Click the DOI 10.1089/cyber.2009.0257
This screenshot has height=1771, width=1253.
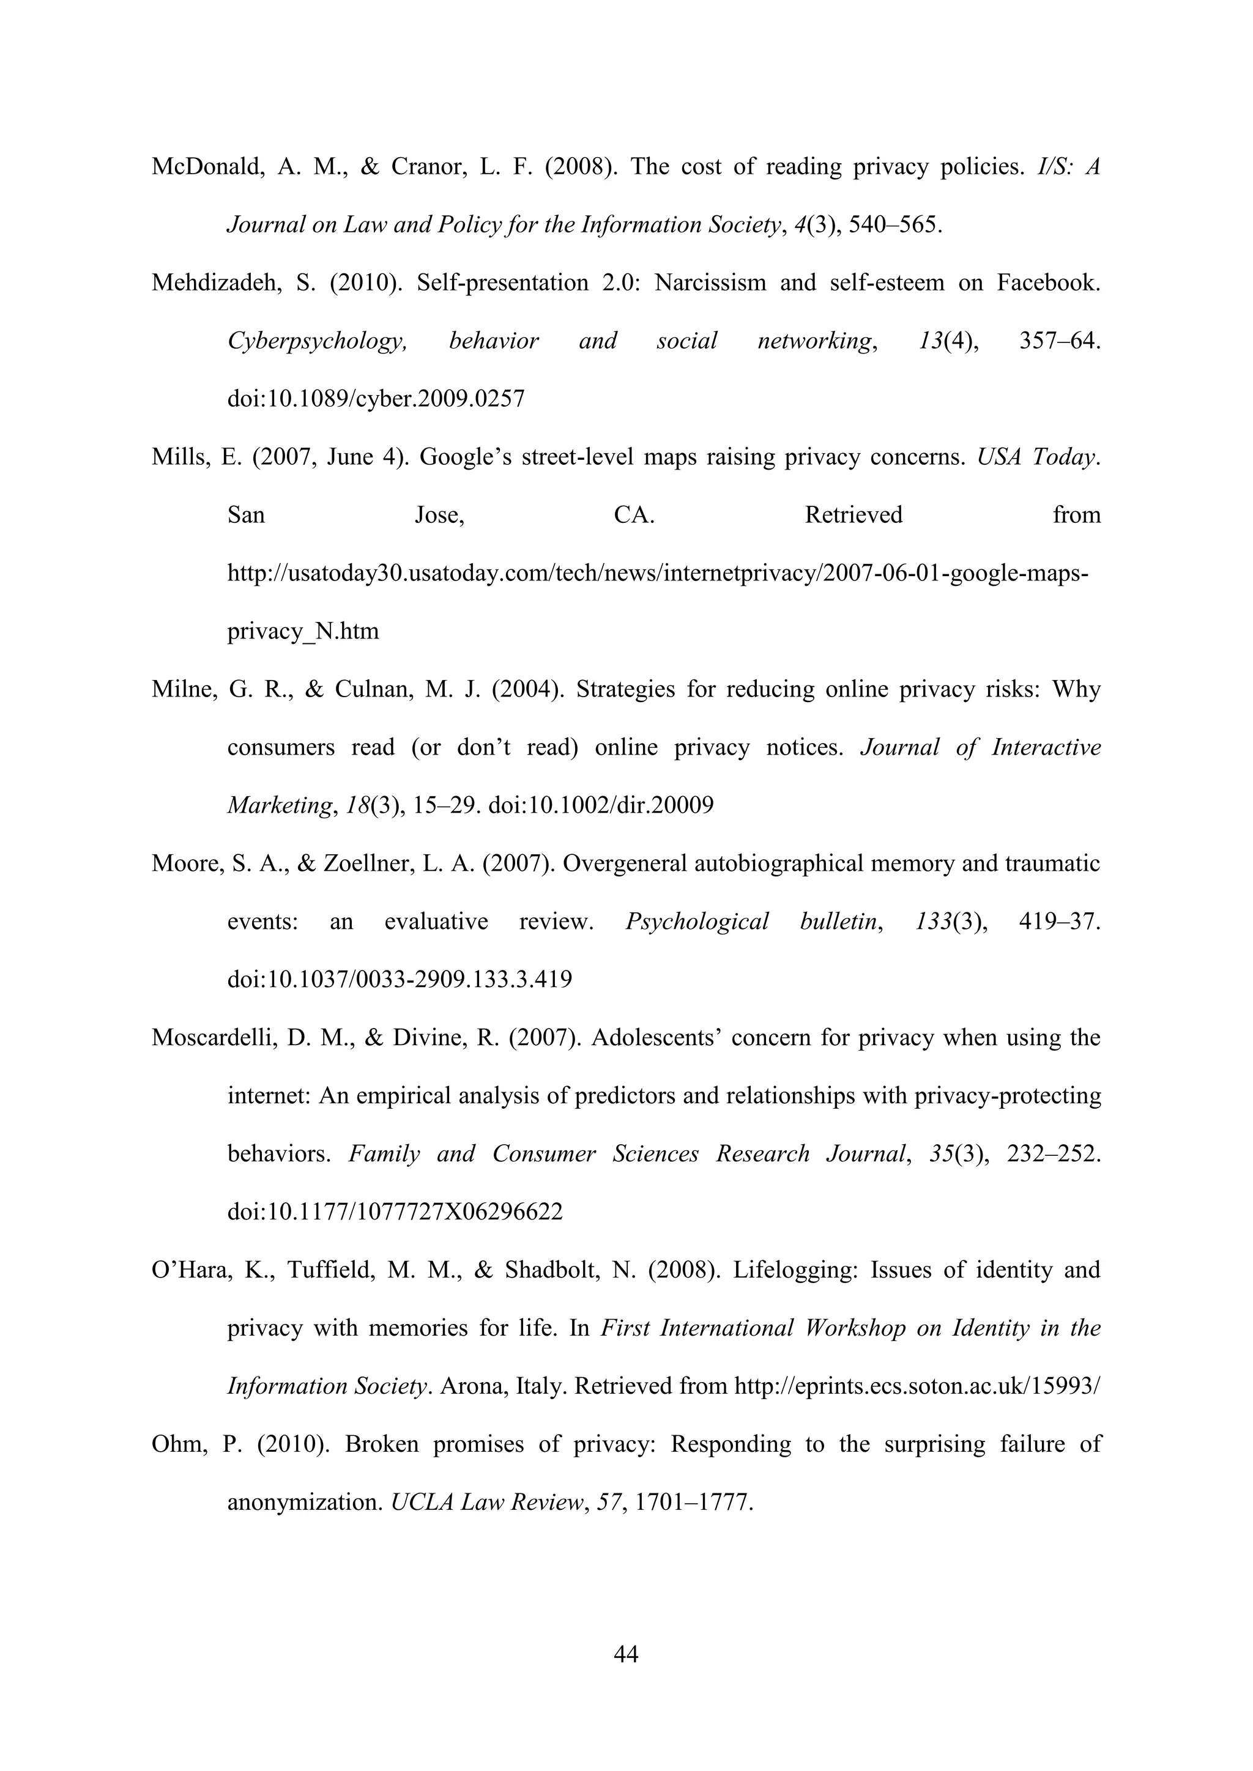[376, 399]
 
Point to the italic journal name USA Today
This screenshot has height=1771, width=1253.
[1037, 457]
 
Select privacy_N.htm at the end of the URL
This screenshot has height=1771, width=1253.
[303, 632]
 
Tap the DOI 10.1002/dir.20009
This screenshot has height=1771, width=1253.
[601, 806]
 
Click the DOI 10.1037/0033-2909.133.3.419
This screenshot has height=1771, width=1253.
[400, 980]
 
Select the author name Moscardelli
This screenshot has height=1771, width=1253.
[214, 1038]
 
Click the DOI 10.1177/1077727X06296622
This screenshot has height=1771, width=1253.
[395, 1212]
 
